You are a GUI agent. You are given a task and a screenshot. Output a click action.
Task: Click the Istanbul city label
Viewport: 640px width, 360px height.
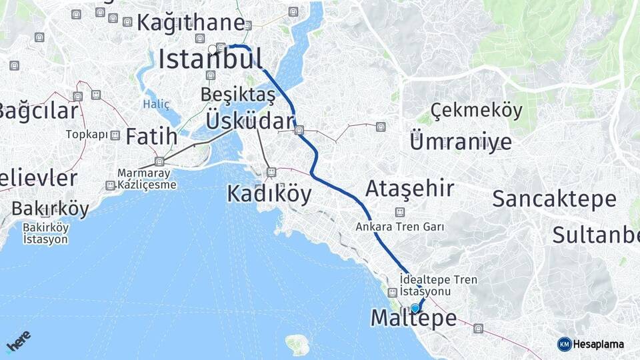pyautogui.click(x=210, y=60)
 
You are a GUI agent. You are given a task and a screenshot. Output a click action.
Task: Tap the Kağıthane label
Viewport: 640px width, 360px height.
pyautogui.click(x=191, y=23)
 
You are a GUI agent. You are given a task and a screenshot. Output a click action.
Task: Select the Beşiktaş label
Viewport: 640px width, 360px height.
pyautogui.click(x=237, y=95)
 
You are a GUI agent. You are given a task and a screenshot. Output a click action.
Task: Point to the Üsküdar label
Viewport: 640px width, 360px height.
pyautogui.click(x=249, y=121)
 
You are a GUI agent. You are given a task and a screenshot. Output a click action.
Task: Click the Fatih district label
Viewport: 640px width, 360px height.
pyautogui.click(x=151, y=137)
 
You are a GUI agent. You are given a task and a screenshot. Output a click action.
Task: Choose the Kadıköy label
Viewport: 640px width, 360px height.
pyautogui.click(x=269, y=193)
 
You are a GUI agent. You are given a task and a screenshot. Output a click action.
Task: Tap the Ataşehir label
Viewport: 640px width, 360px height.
pyautogui.click(x=409, y=189)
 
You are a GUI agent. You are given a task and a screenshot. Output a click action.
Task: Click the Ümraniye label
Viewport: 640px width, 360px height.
pyautogui.click(x=461, y=141)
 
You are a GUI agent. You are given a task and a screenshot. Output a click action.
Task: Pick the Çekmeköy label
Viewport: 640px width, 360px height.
pyautogui.click(x=476, y=111)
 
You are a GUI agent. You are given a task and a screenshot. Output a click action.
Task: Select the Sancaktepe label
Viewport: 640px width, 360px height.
pyautogui.click(x=554, y=199)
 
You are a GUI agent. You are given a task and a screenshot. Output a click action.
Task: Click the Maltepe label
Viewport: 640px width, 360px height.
pyautogui.click(x=413, y=319)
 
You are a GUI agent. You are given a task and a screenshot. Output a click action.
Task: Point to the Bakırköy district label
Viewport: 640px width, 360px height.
pyautogui.click(x=50, y=209)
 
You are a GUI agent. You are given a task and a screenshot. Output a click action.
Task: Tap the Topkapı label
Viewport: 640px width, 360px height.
pyautogui.click(x=87, y=135)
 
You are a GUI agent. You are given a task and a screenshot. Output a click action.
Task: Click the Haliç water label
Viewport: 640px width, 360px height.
pyautogui.click(x=156, y=105)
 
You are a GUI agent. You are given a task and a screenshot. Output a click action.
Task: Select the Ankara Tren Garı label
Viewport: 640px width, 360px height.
pyautogui.click(x=400, y=227)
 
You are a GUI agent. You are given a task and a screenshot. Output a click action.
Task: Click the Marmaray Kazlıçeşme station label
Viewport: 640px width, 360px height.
pyautogui.click(x=147, y=179)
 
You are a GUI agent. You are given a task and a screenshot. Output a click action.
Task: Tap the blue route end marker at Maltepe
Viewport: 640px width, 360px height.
pyautogui.click(x=415, y=308)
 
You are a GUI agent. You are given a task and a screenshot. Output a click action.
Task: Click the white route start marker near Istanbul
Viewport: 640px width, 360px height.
pyautogui.click(x=213, y=49)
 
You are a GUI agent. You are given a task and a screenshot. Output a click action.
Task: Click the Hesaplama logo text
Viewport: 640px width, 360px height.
pyautogui.click(x=597, y=344)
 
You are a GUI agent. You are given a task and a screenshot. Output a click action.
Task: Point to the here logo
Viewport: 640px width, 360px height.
pyautogui.click(x=18, y=341)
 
